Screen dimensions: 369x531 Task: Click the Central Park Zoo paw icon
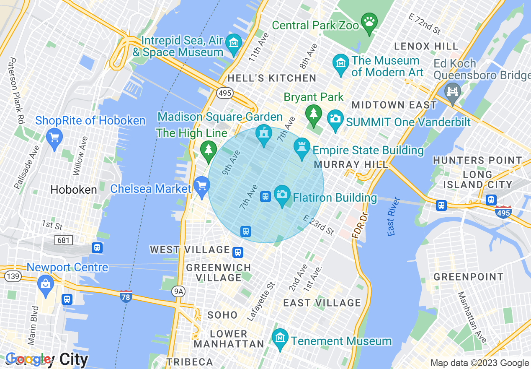click(x=369, y=21)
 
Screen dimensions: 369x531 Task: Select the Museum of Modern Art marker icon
click(x=341, y=63)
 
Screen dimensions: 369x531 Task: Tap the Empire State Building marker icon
click(x=302, y=147)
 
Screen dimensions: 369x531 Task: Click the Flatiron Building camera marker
click(x=282, y=194)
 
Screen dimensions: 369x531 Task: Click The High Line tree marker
click(x=208, y=149)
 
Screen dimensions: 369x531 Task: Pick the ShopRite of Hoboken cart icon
click(x=54, y=137)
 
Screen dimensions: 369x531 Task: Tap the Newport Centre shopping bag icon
click(x=45, y=284)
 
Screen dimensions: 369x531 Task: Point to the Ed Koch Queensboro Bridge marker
click(x=453, y=91)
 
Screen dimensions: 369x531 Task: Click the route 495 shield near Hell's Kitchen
click(x=225, y=93)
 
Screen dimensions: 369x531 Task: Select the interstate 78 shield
click(x=126, y=296)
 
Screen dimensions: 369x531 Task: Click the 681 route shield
click(x=63, y=240)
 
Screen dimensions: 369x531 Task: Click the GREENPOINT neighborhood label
click(x=468, y=277)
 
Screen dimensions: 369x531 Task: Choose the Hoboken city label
click(x=74, y=190)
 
